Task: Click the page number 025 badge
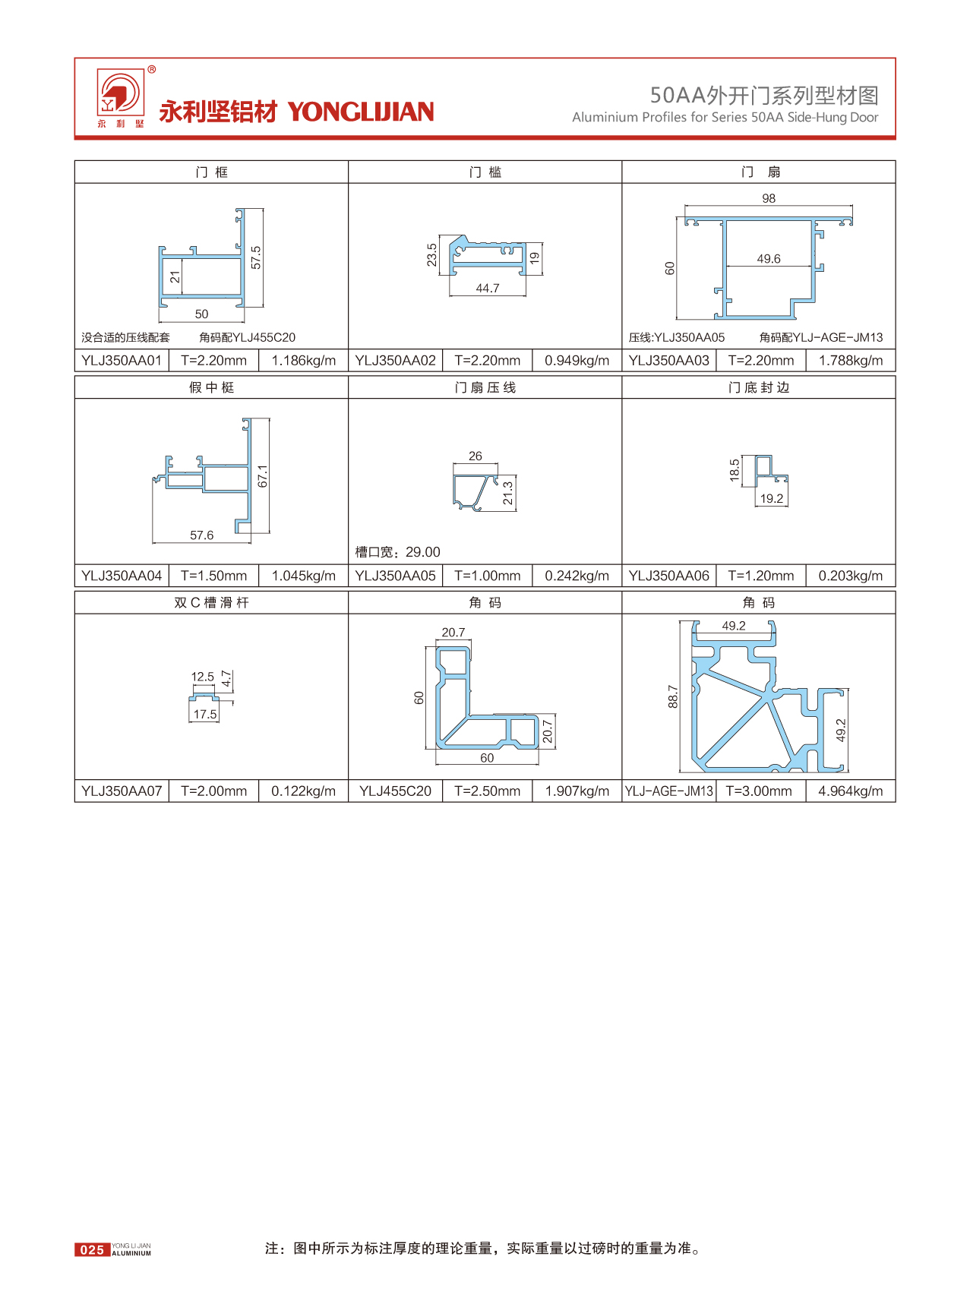pyautogui.click(x=92, y=1249)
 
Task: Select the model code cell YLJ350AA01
pyautogui.click(x=122, y=361)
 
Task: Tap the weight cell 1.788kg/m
pyautogui.click(x=851, y=361)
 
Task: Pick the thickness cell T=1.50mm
pyautogui.click(x=213, y=576)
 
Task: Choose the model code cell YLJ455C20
pyautogui.click(x=395, y=791)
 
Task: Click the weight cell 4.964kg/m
pyautogui.click(x=851, y=791)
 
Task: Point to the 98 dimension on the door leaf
pyautogui.click(x=769, y=198)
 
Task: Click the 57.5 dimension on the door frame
pyautogui.click(x=256, y=257)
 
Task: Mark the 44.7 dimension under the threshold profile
pyautogui.click(x=488, y=289)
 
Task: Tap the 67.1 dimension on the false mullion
pyautogui.click(x=263, y=476)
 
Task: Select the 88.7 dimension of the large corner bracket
pyautogui.click(x=672, y=696)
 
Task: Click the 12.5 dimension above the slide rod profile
pyautogui.click(x=202, y=677)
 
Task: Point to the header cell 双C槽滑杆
pyautogui.click(x=211, y=603)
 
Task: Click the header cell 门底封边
pyautogui.click(x=759, y=388)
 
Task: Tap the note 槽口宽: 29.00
pyautogui.click(x=398, y=552)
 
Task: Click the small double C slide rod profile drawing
pyautogui.click(x=204, y=696)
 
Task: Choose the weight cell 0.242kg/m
pyautogui.click(x=577, y=576)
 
